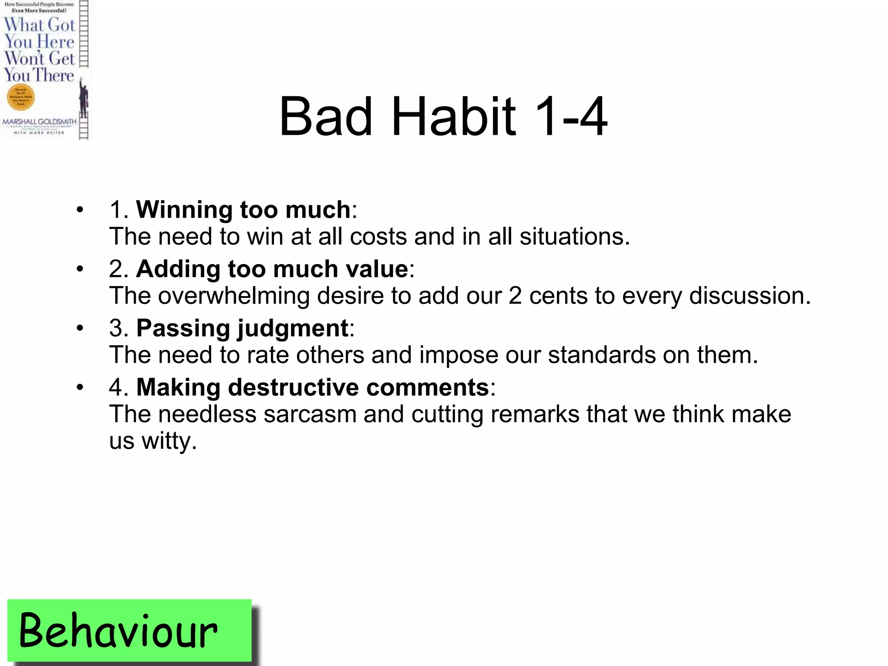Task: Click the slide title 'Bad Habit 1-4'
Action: (443, 116)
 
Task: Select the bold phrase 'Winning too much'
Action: (243, 210)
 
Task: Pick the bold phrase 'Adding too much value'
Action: (272, 269)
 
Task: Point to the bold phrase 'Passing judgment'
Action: (242, 328)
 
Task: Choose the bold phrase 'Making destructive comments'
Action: (313, 387)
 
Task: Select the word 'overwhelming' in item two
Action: (233, 296)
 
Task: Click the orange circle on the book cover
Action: (20, 97)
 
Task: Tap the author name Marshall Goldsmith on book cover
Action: (39, 122)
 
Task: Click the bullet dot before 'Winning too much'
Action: (80, 210)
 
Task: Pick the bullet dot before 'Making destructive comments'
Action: (80, 387)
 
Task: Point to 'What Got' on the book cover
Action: (39, 25)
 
